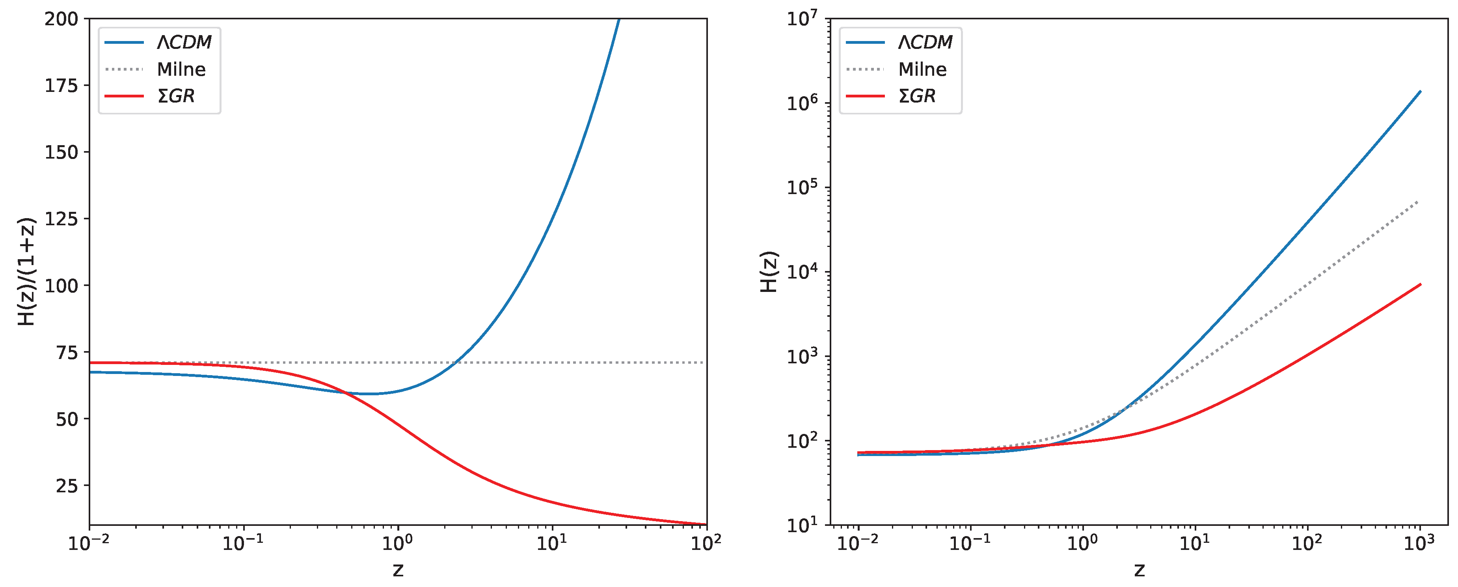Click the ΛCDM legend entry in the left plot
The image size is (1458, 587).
coord(183,42)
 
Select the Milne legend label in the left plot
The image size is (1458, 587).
coord(181,69)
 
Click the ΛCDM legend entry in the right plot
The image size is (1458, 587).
coord(924,42)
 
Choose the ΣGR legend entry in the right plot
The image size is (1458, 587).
coord(916,96)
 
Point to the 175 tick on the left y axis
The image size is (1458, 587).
coord(62,86)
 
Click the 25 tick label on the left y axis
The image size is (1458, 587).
coord(67,486)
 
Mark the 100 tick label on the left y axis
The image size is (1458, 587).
coord(62,286)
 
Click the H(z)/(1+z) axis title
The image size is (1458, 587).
coord(26,272)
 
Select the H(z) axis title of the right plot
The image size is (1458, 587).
coord(769,272)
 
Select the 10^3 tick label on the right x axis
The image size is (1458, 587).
coord(1419,543)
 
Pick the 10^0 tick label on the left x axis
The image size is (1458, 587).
coord(397,543)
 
